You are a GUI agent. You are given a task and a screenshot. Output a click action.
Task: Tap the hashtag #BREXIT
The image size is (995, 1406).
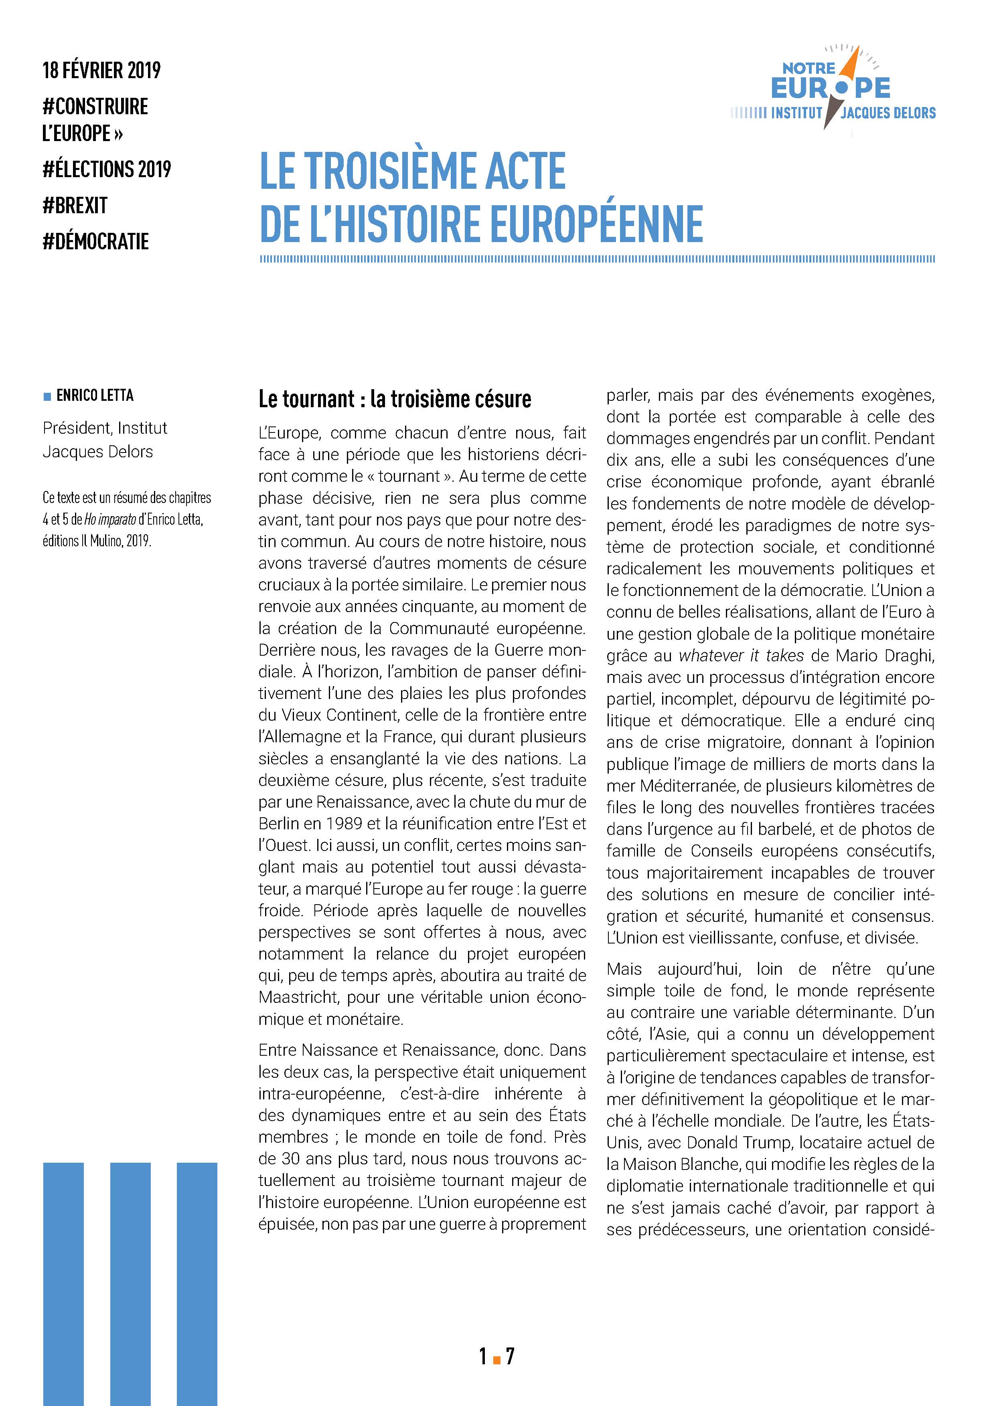tap(75, 205)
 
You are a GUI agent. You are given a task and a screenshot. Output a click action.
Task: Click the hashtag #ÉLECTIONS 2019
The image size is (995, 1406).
tap(107, 169)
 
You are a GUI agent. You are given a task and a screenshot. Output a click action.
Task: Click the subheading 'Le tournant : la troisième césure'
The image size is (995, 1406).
tap(395, 399)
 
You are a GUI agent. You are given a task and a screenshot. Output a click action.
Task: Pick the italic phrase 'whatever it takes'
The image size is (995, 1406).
tap(741, 656)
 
